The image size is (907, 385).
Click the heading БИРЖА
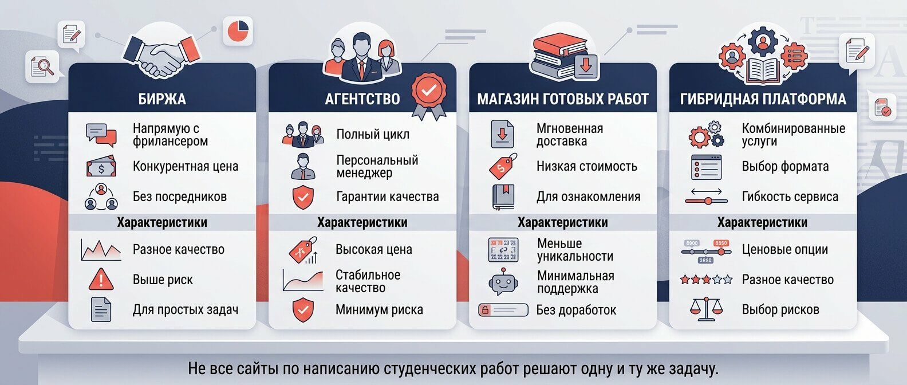tap(162, 99)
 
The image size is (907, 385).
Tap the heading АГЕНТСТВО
tap(362, 99)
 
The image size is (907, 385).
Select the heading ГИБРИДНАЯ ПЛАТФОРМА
tap(763, 99)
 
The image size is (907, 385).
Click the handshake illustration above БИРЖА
tap(162, 54)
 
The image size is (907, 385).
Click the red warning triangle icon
tap(101, 279)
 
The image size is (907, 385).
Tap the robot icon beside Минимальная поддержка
tap(503, 281)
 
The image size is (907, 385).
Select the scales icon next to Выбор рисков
tap(706, 309)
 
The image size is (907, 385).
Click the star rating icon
tap(706, 280)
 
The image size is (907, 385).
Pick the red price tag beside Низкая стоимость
tap(503, 166)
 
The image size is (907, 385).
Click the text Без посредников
tap(180, 197)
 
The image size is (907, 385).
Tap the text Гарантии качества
tap(387, 197)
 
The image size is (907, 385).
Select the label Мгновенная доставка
tap(569, 135)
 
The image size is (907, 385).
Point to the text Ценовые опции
tap(784, 249)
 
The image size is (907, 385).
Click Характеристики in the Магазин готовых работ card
tap(562, 222)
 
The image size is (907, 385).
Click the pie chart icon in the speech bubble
tap(239, 31)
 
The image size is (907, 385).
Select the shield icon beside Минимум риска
tap(302, 310)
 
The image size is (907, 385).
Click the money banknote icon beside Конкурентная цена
tap(101, 167)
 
